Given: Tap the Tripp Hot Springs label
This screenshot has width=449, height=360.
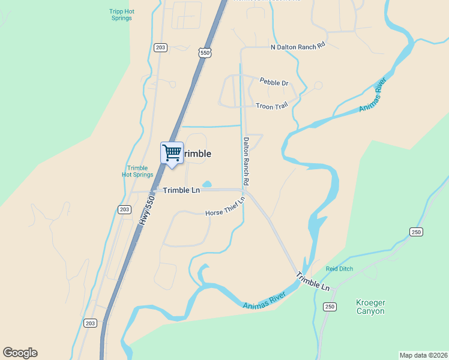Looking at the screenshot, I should [121, 14].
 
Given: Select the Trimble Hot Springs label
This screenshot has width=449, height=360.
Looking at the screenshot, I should [137, 171].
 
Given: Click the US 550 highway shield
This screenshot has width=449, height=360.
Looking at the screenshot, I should [205, 53].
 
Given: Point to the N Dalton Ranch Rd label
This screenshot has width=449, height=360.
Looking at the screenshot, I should [297, 47].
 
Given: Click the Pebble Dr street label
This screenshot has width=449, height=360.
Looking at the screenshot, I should [274, 82].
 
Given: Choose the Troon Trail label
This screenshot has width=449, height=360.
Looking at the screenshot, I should [272, 105].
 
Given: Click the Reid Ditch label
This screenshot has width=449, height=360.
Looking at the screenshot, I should [340, 269].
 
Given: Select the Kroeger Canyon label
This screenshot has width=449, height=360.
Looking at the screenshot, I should [370, 307].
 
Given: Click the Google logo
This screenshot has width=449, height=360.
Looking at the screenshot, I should [20, 353].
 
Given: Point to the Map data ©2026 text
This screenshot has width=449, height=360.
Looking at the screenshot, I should [423, 355].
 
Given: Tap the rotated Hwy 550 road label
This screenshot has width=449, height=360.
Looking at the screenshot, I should [148, 208].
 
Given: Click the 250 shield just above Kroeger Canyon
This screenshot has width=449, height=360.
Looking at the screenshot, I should [330, 307].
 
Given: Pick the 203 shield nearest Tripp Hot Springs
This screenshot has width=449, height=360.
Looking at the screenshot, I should [160, 47].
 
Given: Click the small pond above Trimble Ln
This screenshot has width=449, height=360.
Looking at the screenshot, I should [207, 184].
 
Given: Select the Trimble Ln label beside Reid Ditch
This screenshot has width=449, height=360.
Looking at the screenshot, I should [313, 281].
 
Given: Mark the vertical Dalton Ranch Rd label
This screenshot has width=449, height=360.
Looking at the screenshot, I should [246, 161].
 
